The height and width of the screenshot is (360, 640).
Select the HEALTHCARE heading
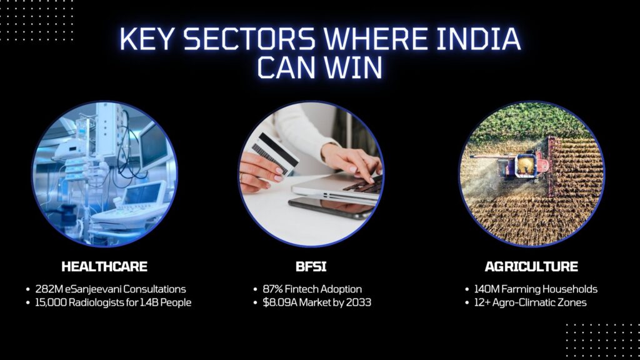104,267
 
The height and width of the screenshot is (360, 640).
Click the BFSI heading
311,267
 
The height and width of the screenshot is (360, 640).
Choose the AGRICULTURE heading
531,267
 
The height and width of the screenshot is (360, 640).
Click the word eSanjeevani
98,289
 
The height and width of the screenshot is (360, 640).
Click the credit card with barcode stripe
275,154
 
